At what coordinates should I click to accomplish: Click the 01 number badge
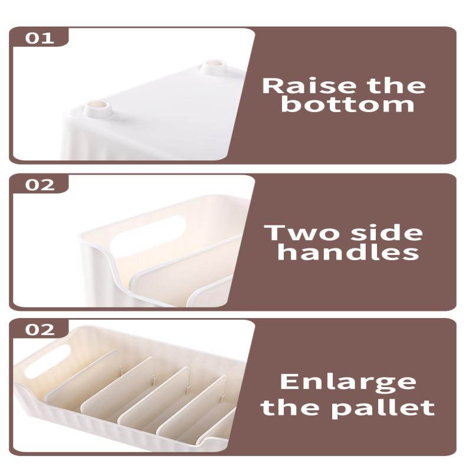point(40,38)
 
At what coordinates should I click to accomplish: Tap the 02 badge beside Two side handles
point(40,185)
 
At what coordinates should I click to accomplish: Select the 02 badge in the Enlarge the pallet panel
point(40,329)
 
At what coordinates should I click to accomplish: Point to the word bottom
point(348,104)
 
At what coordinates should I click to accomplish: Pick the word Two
point(302,232)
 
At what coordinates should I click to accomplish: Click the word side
point(387,232)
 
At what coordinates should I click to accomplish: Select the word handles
point(348,252)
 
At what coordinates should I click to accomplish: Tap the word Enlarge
point(348,382)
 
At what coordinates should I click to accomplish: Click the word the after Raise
point(396,86)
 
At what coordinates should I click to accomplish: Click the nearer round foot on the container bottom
point(97,109)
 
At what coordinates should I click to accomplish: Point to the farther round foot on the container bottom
point(214,67)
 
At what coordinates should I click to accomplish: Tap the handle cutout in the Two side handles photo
point(147,237)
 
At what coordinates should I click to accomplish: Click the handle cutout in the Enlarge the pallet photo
point(48,361)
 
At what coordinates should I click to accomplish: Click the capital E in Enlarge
point(289,381)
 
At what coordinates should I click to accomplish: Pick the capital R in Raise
point(272,86)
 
